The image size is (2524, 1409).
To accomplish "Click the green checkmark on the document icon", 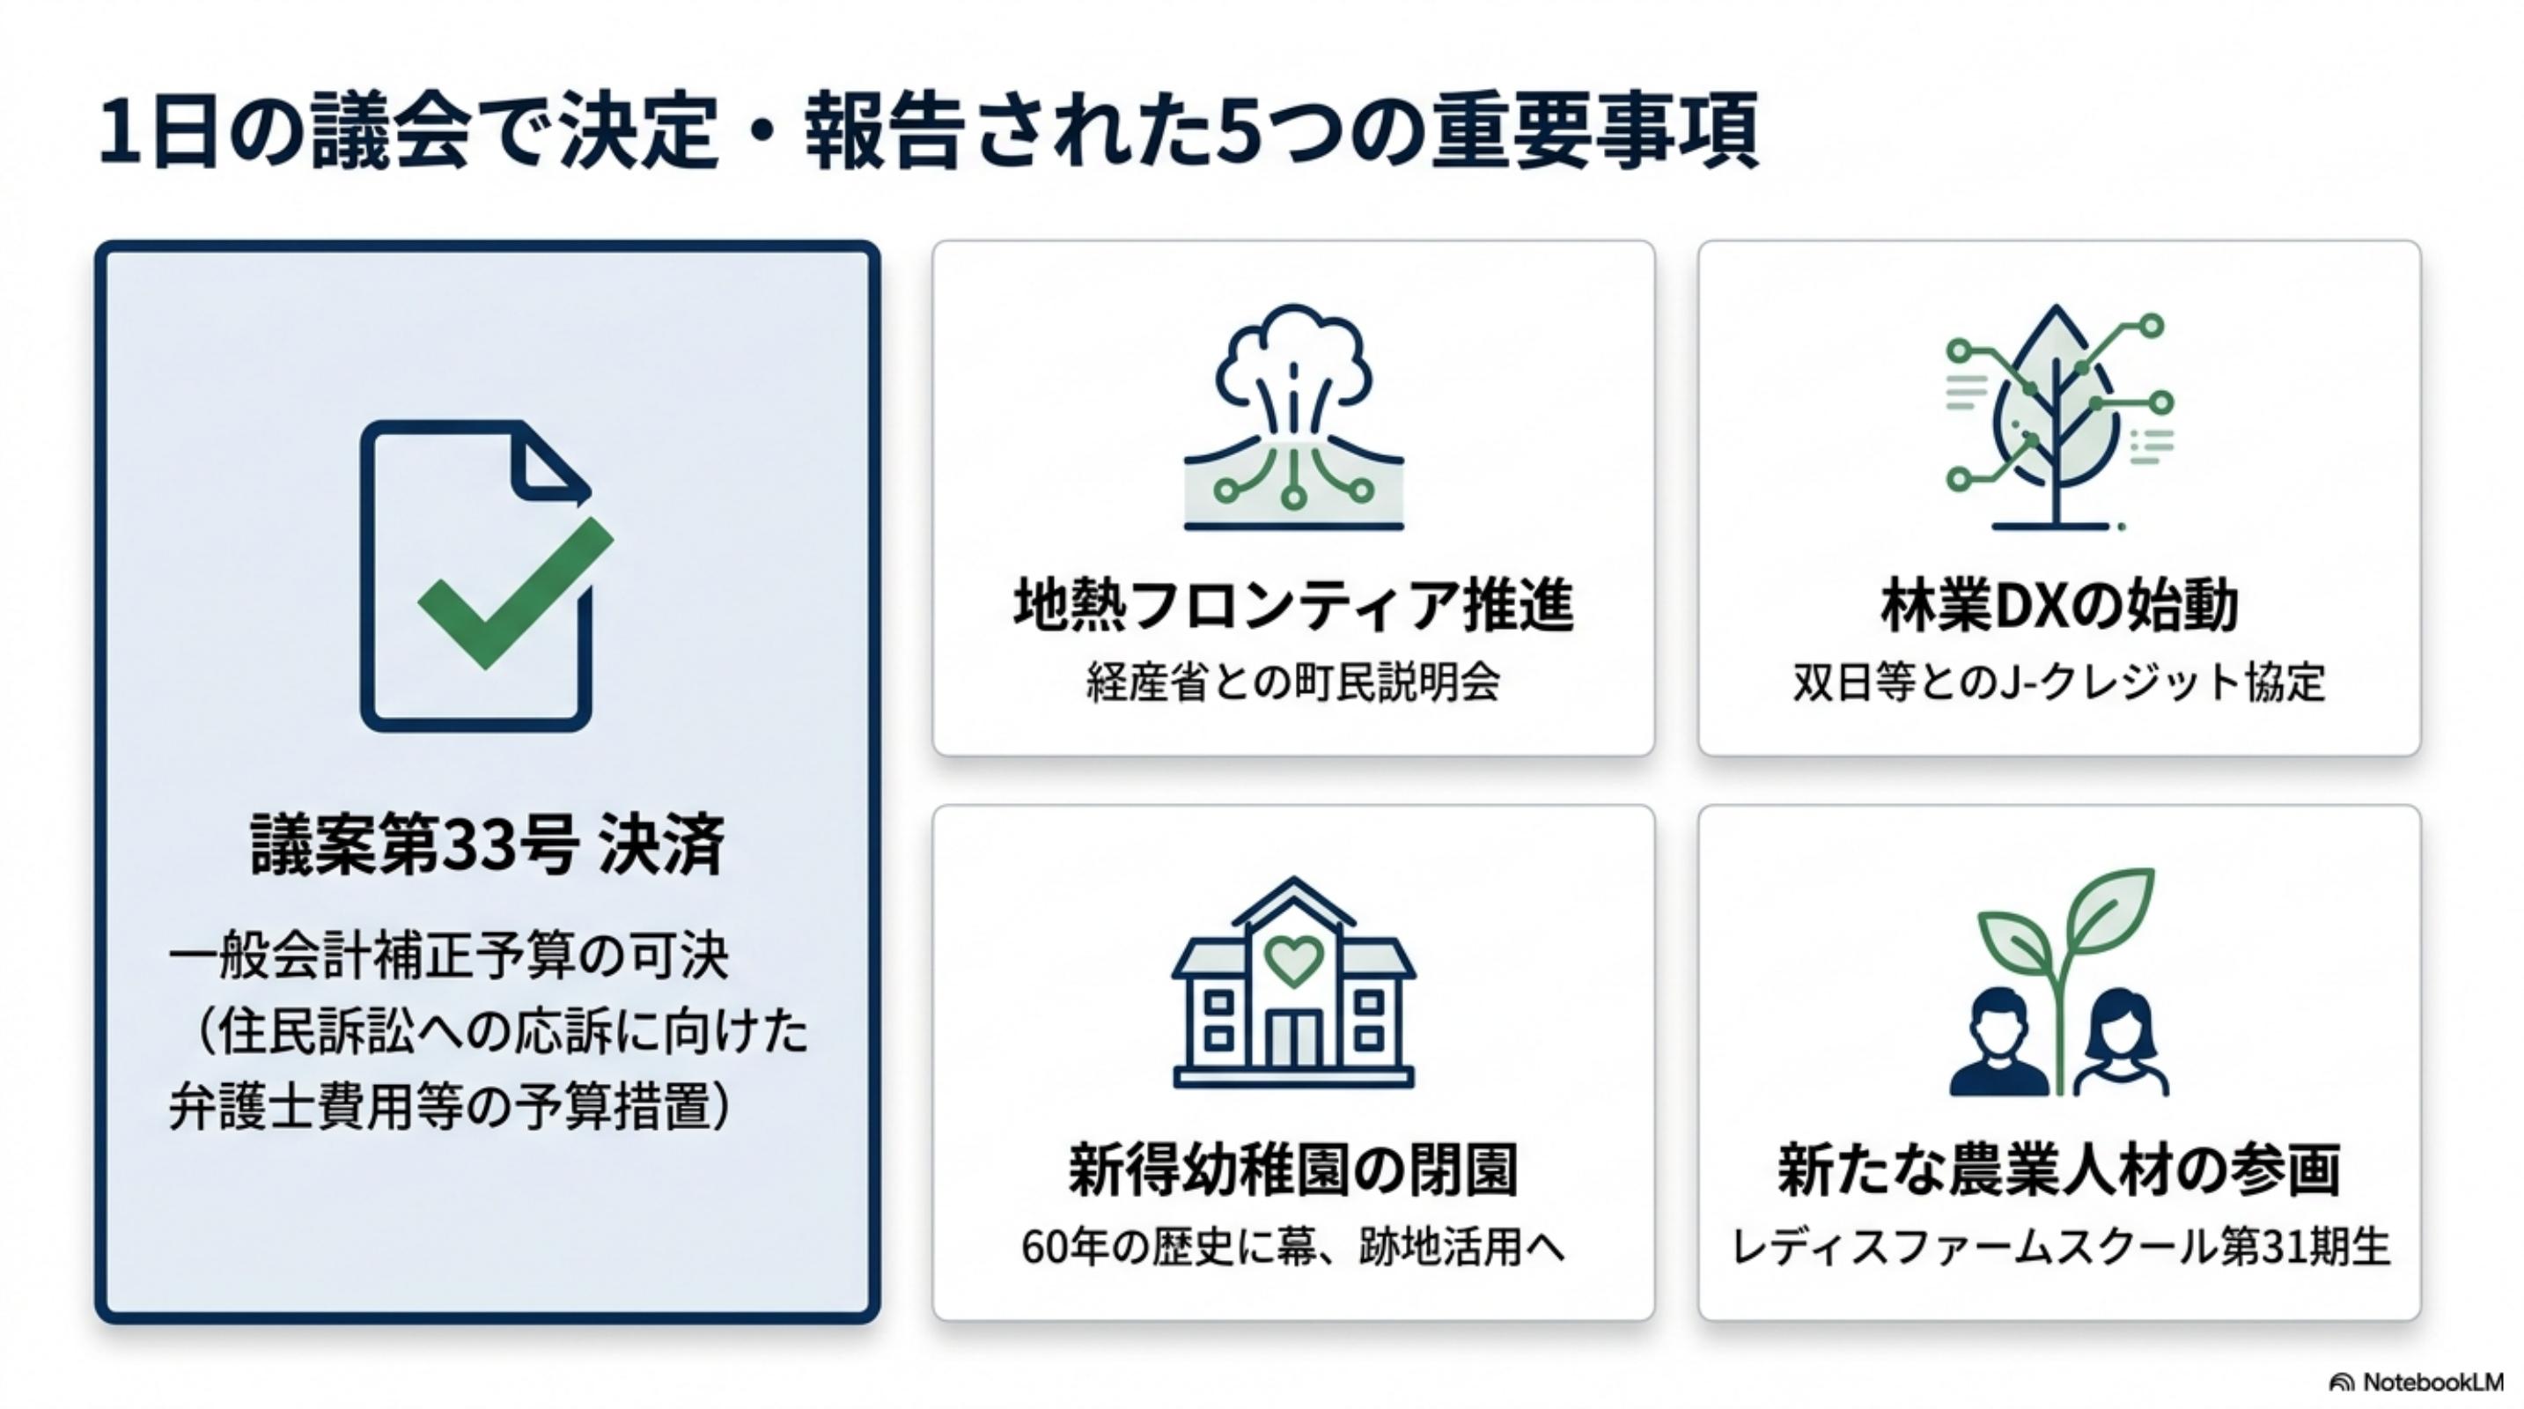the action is coord(514,593).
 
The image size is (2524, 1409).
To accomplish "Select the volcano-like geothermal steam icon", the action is coord(1293,417).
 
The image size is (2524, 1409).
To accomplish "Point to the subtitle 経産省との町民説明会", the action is coord(1293,682).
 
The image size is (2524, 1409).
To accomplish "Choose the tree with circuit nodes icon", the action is coord(2057,418).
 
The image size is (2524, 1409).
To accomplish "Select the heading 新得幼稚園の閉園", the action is coord(1293,1169).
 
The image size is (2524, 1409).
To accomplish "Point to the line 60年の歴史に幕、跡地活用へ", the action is coord(1293,1247).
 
